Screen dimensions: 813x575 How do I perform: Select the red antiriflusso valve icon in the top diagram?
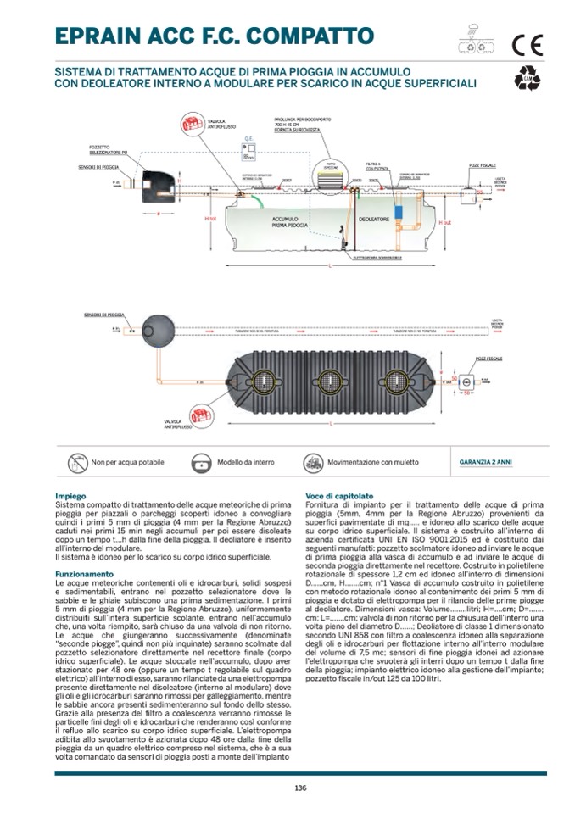coord(193,125)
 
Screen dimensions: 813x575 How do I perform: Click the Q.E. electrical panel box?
coord(250,152)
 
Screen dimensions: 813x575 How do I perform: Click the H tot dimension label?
coord(212,219)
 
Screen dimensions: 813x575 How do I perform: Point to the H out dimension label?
coord(444,222)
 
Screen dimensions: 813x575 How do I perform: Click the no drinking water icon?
coord(78,463)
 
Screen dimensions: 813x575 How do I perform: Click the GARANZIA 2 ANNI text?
coord(485,463)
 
